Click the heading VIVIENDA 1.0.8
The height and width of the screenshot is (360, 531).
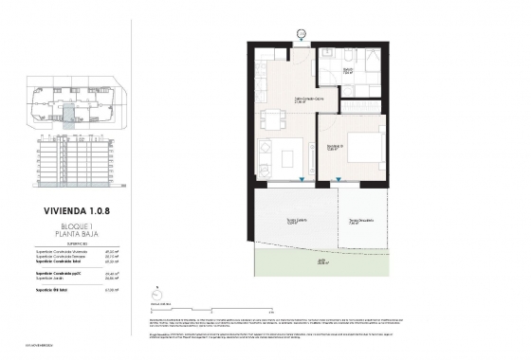(x=73, y=212)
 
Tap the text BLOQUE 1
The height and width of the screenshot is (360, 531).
(x=73, y=228)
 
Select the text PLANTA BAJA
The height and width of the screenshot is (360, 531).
(x=73, y=237)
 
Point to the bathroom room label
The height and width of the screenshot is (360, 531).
(x=347, y=72)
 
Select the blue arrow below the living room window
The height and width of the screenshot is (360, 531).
(x=300, y=180)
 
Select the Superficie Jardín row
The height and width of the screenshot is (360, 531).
(x=73, y=279)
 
